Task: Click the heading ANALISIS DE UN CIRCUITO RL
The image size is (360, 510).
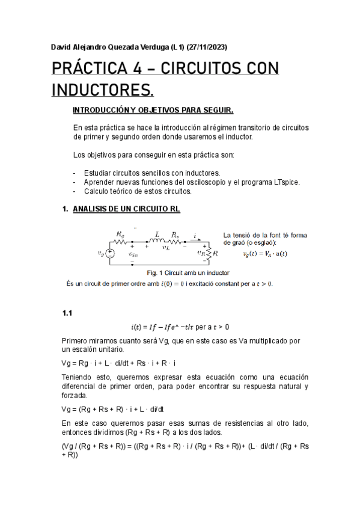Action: [126, 209]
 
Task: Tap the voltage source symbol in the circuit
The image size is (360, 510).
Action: [111, 254]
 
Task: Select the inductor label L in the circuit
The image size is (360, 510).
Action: [157, 233]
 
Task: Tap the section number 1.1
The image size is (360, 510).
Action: [67, 313]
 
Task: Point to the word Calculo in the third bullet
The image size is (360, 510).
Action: [97, 191]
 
